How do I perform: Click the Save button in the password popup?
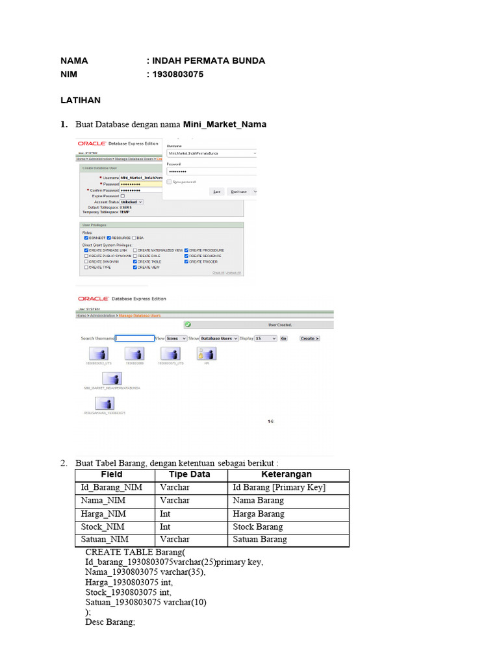[x=217, y=192]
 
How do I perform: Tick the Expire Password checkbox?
[x=122, y=195]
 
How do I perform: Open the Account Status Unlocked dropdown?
[x=131, y=202]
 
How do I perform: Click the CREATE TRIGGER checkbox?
[x=186, y=262]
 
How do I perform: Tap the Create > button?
[x=310, y=338]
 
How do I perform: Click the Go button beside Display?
[x=283, y=338]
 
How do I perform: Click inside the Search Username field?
[x=134, y=338]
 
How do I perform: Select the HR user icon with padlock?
[x=206, y=353]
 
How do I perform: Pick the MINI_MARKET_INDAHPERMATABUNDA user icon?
[x=112, y=378]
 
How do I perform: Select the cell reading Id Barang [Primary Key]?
[x=279, y=488]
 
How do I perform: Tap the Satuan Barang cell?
[x=259, y=540]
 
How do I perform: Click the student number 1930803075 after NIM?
[x=178, y=74]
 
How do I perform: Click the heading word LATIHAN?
[x=81, y=101]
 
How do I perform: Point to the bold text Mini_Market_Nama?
[x=224, y=124]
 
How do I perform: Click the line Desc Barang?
[x=110, y=621]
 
